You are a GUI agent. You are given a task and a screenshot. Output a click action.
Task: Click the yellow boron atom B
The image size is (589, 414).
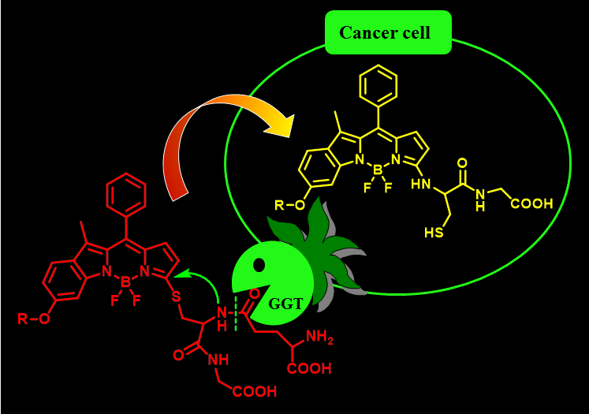click(378, 170)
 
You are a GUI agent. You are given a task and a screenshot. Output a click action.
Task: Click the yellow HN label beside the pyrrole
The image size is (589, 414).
click(420, 185)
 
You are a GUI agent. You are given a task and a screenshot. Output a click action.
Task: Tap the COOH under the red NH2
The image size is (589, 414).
click(309, 368)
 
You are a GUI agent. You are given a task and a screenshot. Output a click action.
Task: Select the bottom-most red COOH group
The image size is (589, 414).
click(254, 390)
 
